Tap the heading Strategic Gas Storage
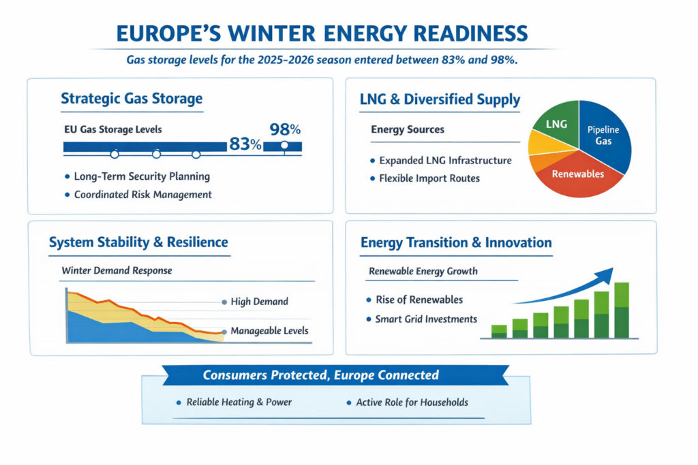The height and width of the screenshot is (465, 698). (132, 99)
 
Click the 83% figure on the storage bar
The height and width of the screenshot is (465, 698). (245, 144)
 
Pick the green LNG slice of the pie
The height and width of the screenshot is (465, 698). (556, 122)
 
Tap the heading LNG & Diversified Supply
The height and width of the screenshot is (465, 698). (440, 100)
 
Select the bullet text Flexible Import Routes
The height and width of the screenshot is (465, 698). (429, 178)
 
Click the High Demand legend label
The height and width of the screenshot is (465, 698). (259, 302)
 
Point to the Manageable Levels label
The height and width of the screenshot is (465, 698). (269, 331)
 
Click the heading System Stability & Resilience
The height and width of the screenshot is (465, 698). (138, 242)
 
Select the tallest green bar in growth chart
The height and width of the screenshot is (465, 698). (621, 310)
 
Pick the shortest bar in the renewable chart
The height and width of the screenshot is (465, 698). (499, 331)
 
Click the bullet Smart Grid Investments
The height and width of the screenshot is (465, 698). (426, 319)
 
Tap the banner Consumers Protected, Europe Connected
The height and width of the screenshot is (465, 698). (321, 375)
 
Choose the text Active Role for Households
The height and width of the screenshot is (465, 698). (412, 402)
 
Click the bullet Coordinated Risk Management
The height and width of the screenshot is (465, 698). (142, 194)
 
